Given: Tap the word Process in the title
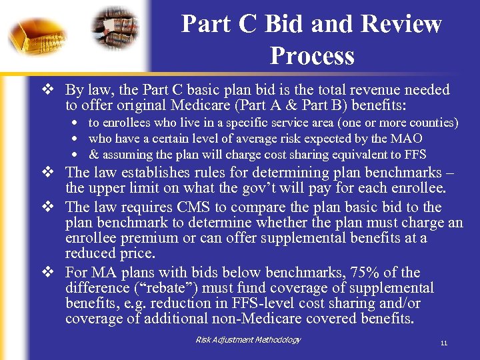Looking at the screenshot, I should pos(311,55).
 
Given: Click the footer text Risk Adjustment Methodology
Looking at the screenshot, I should pos(248,340).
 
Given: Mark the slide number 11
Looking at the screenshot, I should pos(443,344).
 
